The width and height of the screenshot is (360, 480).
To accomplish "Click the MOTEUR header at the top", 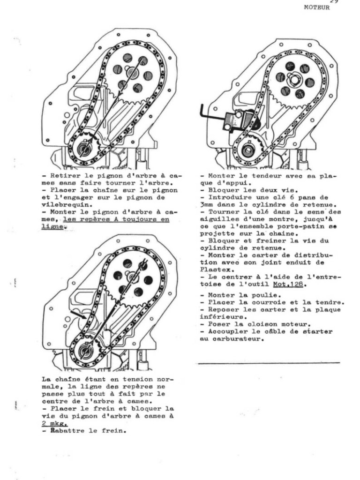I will pos(316,7).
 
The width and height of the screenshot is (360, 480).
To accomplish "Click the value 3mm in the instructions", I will pos(208,204).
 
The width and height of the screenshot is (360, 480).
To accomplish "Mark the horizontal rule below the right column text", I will pos(268,362).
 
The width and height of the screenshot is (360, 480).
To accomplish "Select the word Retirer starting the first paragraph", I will pos(63,175).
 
